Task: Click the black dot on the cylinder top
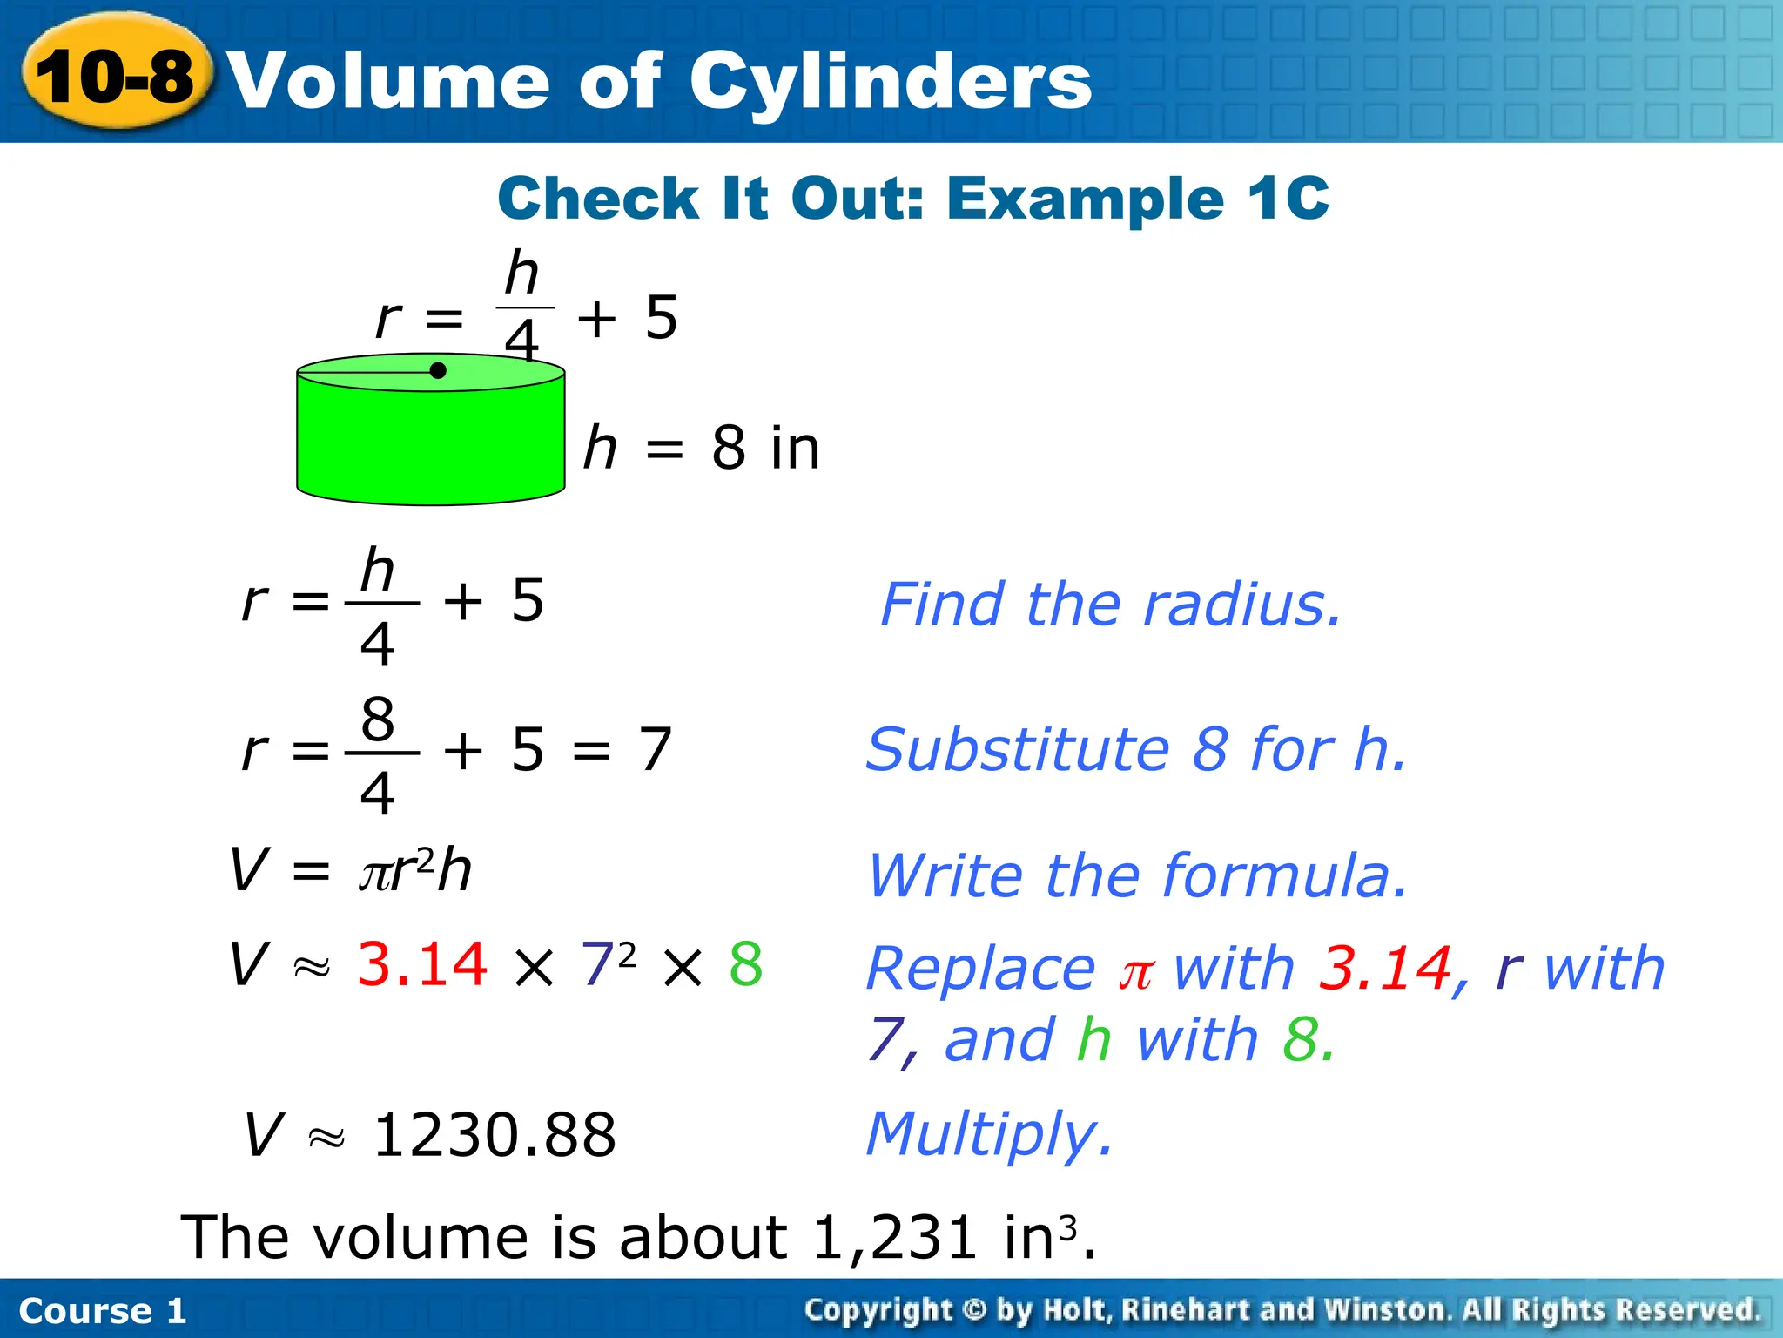[x=438, y=371]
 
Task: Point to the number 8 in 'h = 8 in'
[x=730, y=448]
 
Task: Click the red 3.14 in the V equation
[x=422, y=964]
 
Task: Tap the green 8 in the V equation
[x=746, y=964]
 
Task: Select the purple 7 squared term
[x=607, y=963]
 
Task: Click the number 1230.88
[x=495, y=1135]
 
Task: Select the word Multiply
[x=989, y=1135]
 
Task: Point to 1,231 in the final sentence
[x=895, y=1237]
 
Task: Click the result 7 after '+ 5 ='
[x=656, y=749]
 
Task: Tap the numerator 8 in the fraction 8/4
[x=378, y=720]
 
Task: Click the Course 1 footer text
[x=103, y=1310]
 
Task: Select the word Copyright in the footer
[x=878, y=1309]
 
